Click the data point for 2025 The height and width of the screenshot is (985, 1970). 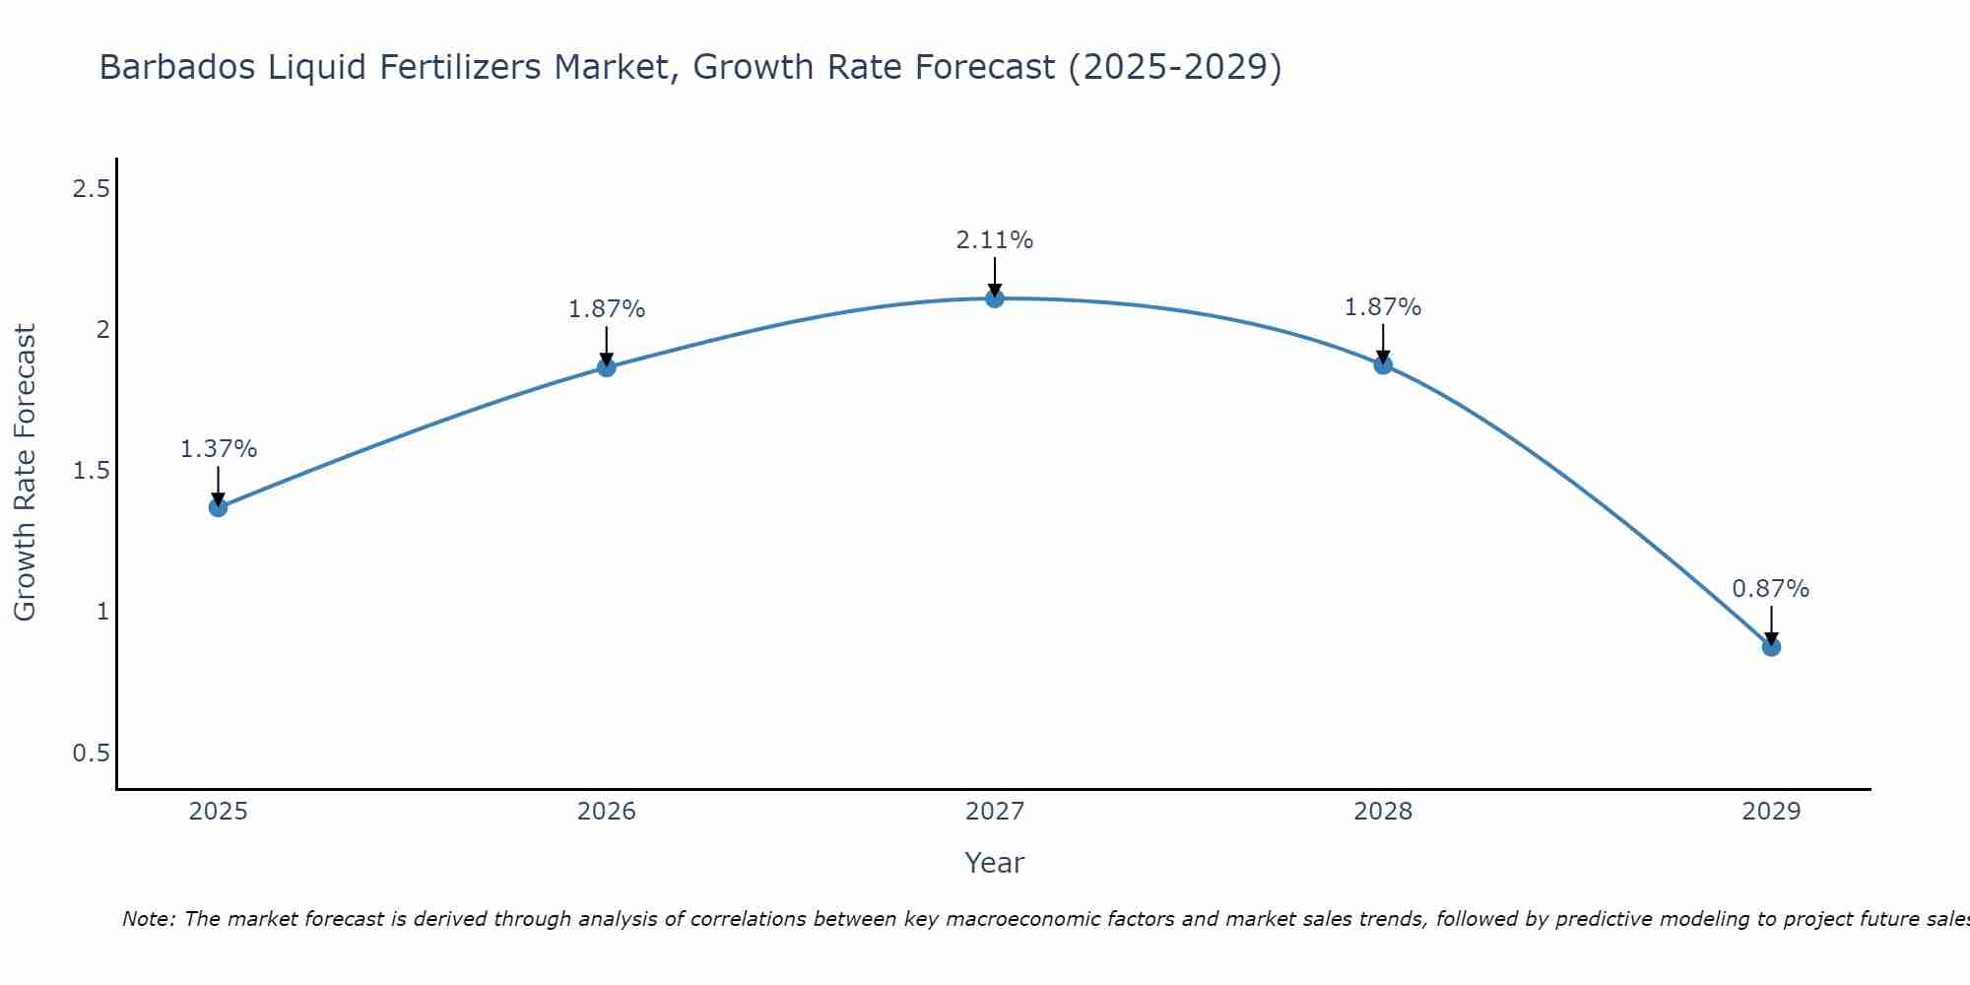point(218,507)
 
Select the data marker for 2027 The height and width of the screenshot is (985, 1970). point(995,298)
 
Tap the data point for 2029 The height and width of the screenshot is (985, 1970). point(1771,647)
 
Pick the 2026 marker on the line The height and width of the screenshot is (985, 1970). point(607,367)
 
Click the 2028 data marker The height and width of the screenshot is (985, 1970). point(1383,365)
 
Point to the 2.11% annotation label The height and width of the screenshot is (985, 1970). point(995,240)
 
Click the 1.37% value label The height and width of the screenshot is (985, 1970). point(218,449)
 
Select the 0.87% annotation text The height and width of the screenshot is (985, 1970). point(1771,589)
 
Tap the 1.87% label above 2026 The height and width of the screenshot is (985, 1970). point(607,309)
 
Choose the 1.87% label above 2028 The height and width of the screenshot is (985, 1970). point(1383,307)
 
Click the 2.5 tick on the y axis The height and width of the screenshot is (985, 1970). point(91,189)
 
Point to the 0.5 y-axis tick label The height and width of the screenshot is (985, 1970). point(91,754)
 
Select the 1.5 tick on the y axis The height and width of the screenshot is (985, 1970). point(91,471)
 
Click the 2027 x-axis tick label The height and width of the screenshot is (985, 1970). point(995,812)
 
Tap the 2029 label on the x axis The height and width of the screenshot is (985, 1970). point(1771,812)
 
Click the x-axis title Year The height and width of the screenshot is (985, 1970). point(995,863)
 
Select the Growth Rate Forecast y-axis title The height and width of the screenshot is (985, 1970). point(25,473)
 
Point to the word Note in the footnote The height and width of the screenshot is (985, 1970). point(148,919)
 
